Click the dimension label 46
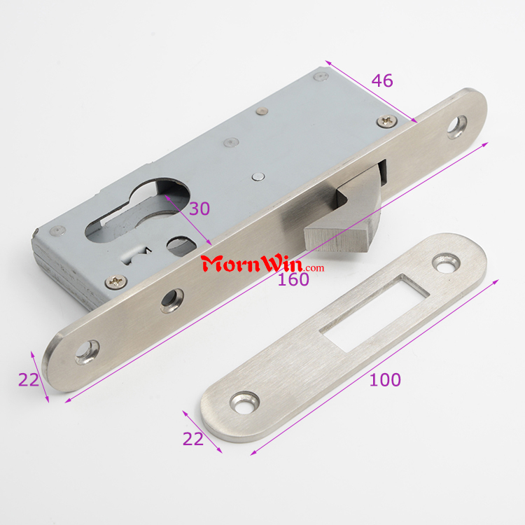click(382, 80)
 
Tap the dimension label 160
click(293, 279)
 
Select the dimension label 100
click(385, 379)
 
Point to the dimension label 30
click(199, 209)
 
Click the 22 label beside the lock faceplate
click(29, 379)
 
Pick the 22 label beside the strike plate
click(193, 439)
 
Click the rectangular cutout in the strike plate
click(374, 313)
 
